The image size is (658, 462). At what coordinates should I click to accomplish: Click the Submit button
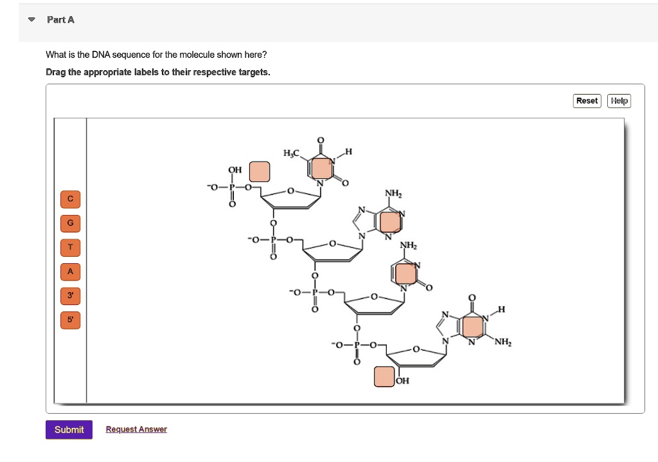pos(69,430)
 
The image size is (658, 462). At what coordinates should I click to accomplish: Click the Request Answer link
pos(136,429)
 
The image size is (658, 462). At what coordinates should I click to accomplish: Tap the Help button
pos(619,101)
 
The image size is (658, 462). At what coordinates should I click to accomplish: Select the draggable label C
pos(71,199)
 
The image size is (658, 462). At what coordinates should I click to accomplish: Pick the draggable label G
pos(71,223)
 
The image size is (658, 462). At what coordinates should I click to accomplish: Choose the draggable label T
pos(71,247)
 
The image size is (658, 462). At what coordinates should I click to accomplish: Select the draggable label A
pos(71,272)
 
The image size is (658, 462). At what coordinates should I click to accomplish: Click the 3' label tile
pos(71,295)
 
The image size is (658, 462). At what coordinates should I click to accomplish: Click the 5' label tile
pos(71,319)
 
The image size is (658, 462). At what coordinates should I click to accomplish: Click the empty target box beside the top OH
pos(260,171)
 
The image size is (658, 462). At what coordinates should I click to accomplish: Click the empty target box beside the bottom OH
pos(384,376)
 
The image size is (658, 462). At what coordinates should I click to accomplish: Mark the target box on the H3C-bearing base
pos(321,167)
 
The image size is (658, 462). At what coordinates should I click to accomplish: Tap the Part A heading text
pos(60,20)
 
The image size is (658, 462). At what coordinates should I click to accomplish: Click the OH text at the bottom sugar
pos(402,381)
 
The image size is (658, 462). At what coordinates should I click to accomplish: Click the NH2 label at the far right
pos(503,342)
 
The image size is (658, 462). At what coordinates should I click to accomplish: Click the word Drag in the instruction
pos(57,72)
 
